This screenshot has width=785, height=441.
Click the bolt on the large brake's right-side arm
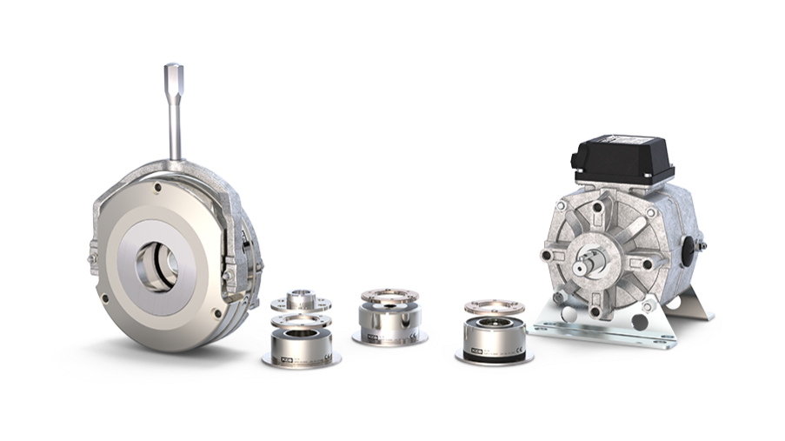(x=228, y=276)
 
